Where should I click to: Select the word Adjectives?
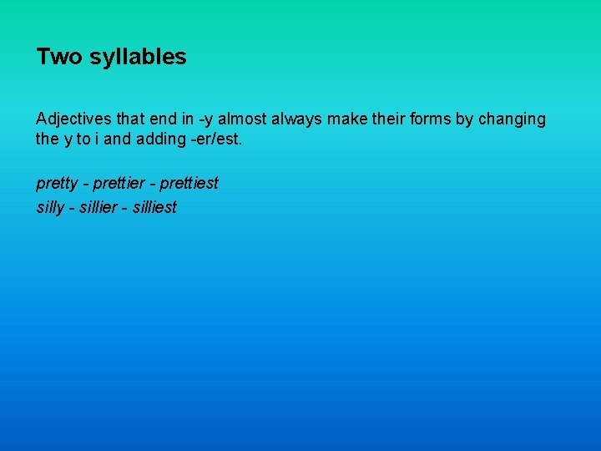[x=72, y=119]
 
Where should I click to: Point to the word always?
[x=296, y=119]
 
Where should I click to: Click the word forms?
[x=428, y=119]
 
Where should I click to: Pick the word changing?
[x=512, y=119]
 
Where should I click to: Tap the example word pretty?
[x=56, y=183]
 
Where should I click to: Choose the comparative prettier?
[x=121, y=183]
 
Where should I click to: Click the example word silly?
[x=50, y=208]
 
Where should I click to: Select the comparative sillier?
[x=100, y=207]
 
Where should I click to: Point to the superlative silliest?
[x=154, y=207]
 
